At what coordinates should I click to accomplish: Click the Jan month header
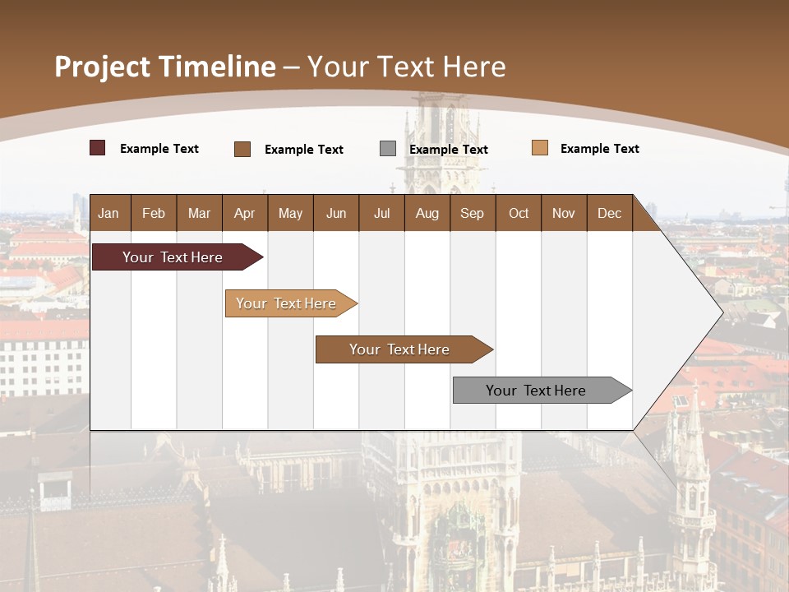tap(108, 214)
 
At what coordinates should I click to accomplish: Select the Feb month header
tap(154, 214)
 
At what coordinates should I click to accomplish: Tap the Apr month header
tap(244, 214)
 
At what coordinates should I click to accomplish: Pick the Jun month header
tap(336, 214)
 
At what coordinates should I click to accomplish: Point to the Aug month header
tap(427, 214)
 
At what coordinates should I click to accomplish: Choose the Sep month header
tap(472, 214)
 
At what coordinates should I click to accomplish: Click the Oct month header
tap(519, 214)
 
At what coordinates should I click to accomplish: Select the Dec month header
tap(609, 214)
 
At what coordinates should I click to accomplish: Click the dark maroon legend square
tap(98, 148)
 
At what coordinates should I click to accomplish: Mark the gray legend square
tap(388, 149)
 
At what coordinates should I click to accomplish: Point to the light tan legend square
tap(540, 148)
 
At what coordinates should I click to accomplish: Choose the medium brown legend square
tap(242, 149)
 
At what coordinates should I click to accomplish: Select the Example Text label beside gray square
tap(449, 150)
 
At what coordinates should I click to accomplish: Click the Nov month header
tap(564, 214)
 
